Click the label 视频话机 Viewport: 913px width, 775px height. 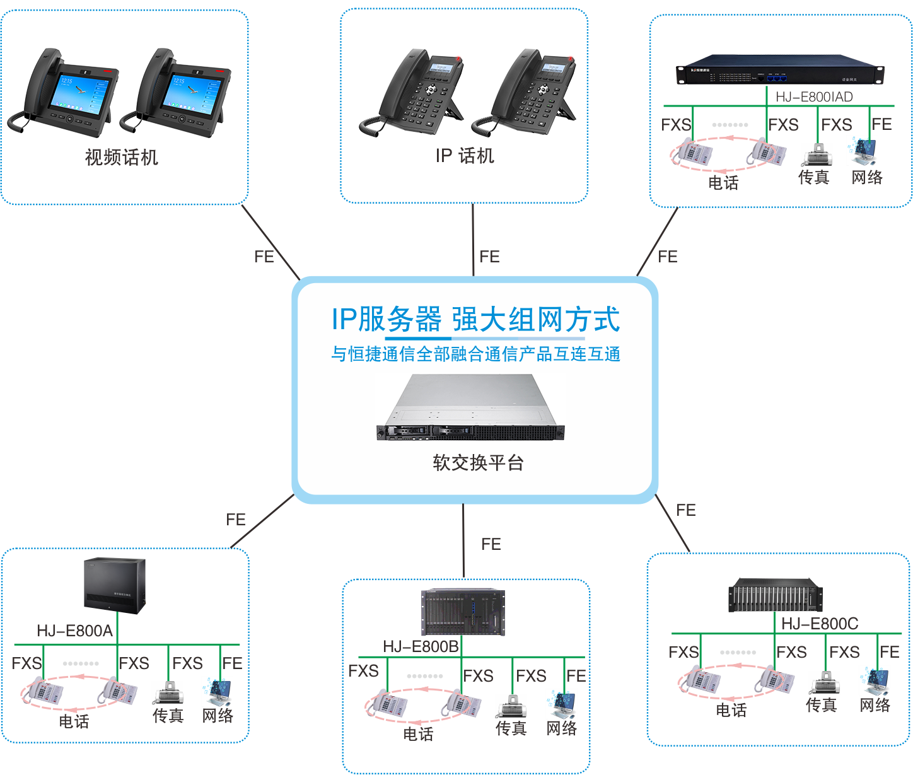[121, 157]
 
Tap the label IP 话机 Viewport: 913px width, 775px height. [465, 156]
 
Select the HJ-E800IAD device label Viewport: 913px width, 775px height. [814, 96]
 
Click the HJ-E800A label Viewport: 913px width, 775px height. [74, 631]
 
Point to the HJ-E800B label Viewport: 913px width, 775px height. [421, 646]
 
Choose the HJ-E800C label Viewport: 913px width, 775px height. [820, 624]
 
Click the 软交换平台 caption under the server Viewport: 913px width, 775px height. [478, 463]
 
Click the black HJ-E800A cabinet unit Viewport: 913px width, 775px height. [115, 585]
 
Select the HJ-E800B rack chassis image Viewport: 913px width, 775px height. [463, 612]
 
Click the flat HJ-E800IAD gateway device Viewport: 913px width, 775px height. [780, 69]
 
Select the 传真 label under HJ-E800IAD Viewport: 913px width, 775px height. [813, 178]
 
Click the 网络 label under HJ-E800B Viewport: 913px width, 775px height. [561, 728]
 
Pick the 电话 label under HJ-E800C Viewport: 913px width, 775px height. [731, 710]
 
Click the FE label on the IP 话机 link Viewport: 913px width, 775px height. [489, 257]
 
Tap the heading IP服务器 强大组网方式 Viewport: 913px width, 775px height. [476, 320]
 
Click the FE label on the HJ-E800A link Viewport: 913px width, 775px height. [235, 520]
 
